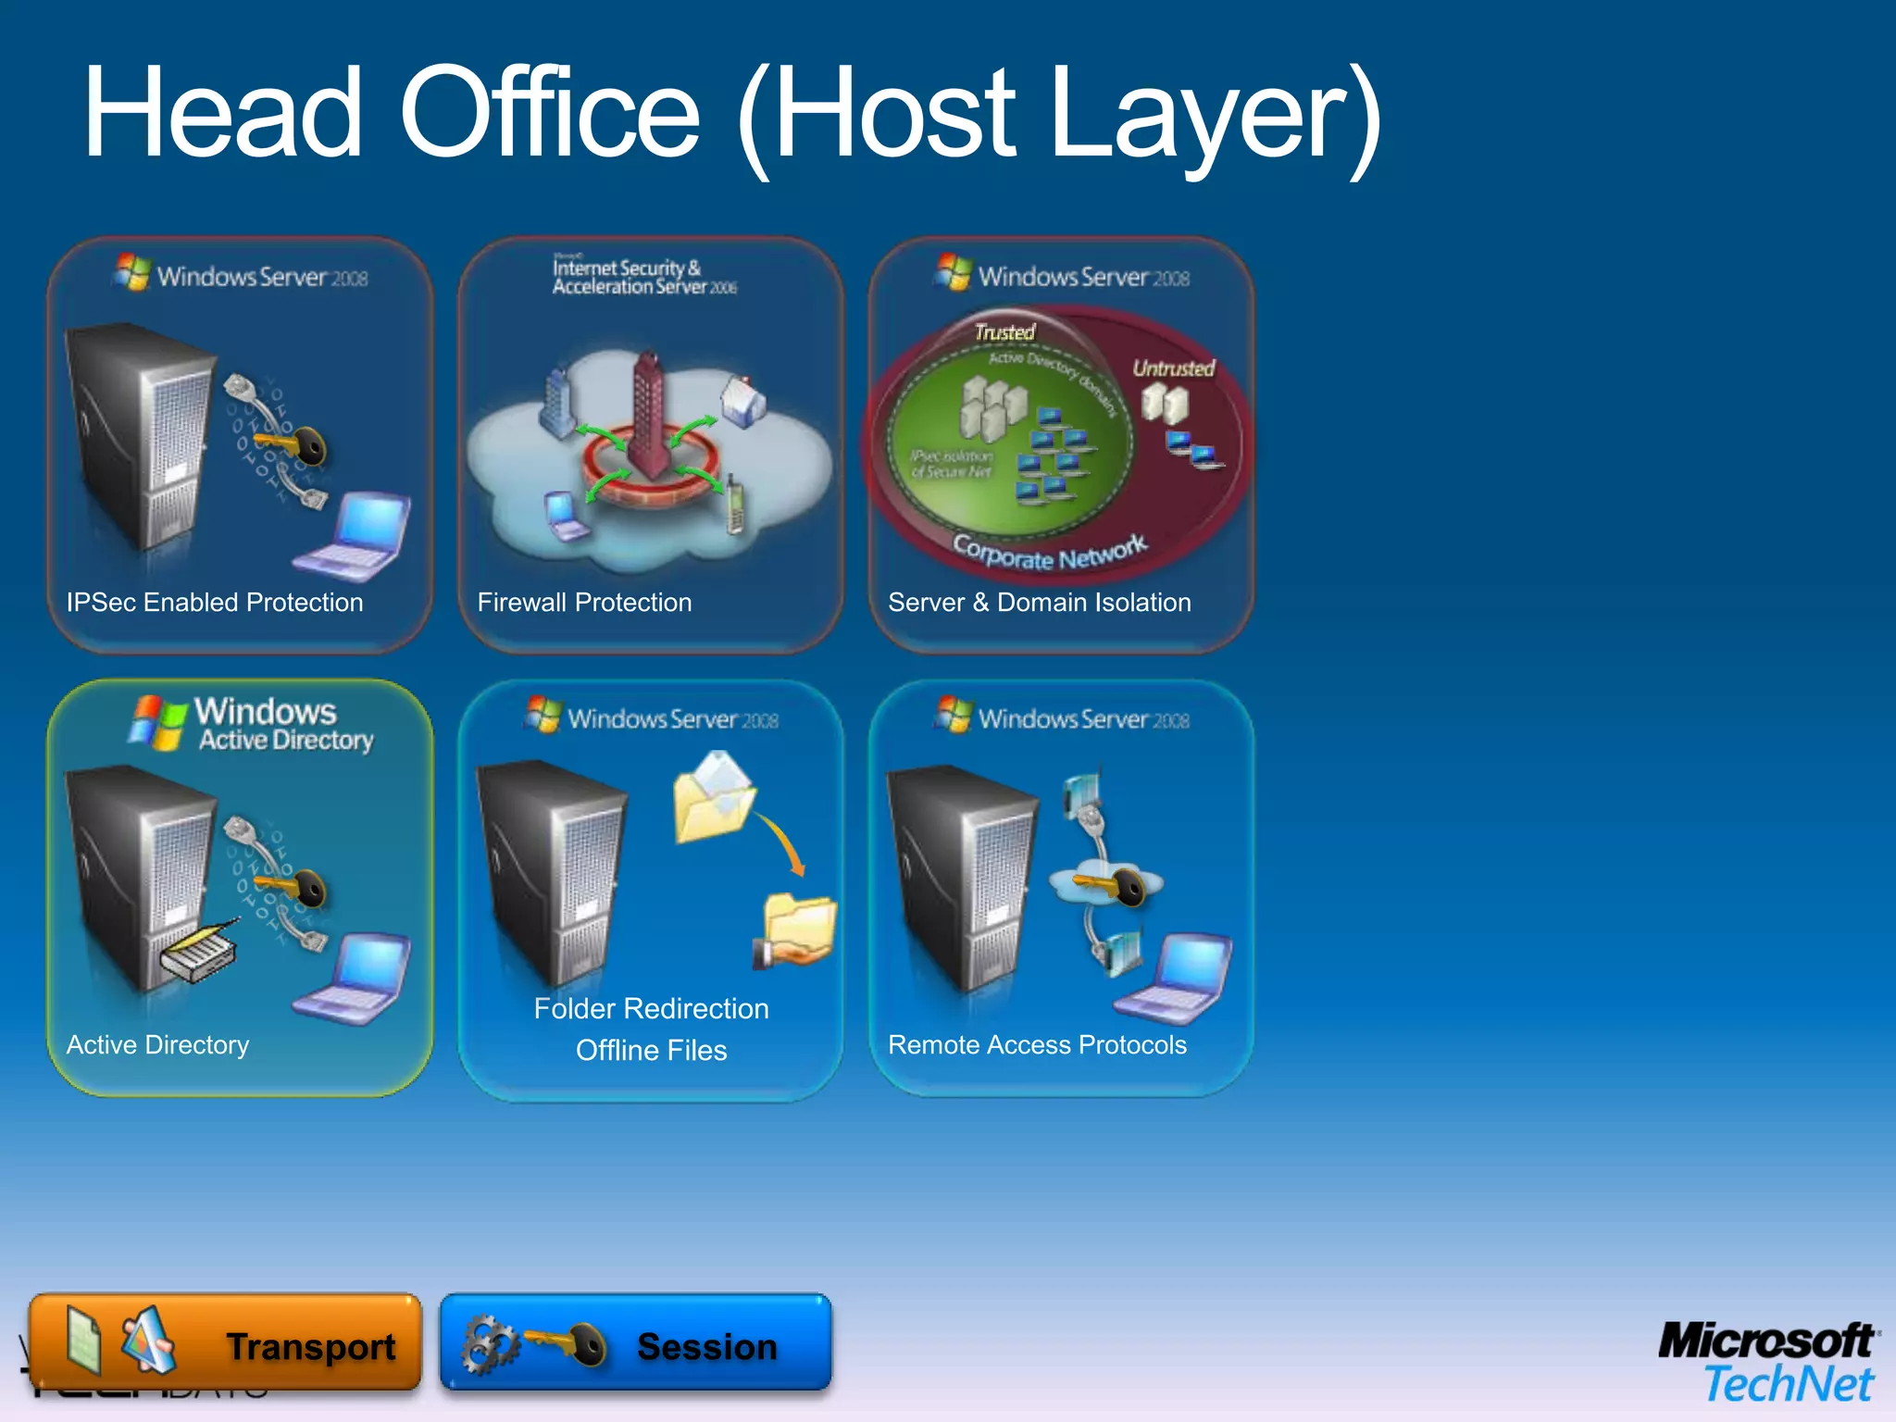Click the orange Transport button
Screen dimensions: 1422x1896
pyautogui.click(x=225, y=1342)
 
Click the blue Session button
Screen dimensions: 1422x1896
pyautogui.click(x=636, y=1342)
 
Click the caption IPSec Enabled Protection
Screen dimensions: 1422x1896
pyautogui.click(x=215, y=603)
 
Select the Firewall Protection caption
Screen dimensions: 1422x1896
pyautogui.click(x=584, y=603)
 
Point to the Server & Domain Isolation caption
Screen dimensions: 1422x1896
pyautogui.click(x=1039, y=603)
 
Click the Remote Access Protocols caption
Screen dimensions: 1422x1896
pyautogui.click(x=1037, y=1045)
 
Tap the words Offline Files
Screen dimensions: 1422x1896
pyautogui.click(x=651, y=1051)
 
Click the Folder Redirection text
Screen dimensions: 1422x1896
pyautogui.click(x=651, y=1008)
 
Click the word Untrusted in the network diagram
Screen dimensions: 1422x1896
pyautogui.click(x=1173, y=368)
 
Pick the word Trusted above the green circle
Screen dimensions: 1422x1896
pyautogui.click(x=1004, y=331)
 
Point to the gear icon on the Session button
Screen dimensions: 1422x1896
pyautogui.click(x=488, y=1344)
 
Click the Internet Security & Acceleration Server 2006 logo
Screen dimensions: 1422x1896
pyautogui.click(x=643, y=277)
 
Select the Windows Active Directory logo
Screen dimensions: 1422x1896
pyautogui.click(x=250, y=724)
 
